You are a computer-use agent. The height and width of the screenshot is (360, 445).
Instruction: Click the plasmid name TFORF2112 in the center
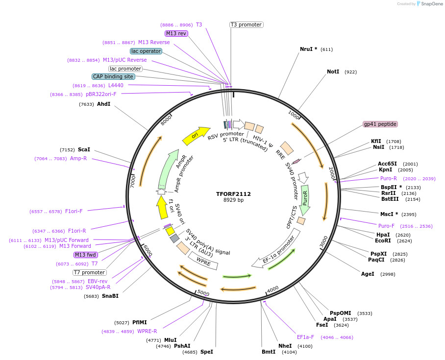point(233,194)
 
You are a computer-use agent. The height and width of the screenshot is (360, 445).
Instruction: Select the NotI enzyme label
point(333,72)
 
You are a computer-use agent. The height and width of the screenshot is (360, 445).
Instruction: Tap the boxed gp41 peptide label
point(380,124)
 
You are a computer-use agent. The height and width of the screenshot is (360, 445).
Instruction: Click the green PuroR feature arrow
point(305,200)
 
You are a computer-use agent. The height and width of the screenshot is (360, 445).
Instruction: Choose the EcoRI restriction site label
point(383,240)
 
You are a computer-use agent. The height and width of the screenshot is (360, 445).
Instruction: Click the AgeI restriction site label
point(368,274)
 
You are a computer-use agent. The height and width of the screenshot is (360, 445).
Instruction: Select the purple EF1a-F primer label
point(305,337)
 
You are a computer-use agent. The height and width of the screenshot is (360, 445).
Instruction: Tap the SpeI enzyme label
point(206,352)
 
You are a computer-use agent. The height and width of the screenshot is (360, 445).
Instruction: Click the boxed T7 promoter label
point(90,272)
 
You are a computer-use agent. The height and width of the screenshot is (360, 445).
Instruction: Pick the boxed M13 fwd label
point(86,255)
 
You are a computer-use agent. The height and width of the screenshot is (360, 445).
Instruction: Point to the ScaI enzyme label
point(84,149)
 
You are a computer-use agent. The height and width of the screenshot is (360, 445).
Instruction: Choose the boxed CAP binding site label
point(113,76)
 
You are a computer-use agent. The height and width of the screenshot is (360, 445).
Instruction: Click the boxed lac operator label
point(146,51)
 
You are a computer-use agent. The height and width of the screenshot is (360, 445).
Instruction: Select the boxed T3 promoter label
point(246,24)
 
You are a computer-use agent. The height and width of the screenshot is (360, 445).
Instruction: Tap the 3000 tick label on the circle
point(323,241)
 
